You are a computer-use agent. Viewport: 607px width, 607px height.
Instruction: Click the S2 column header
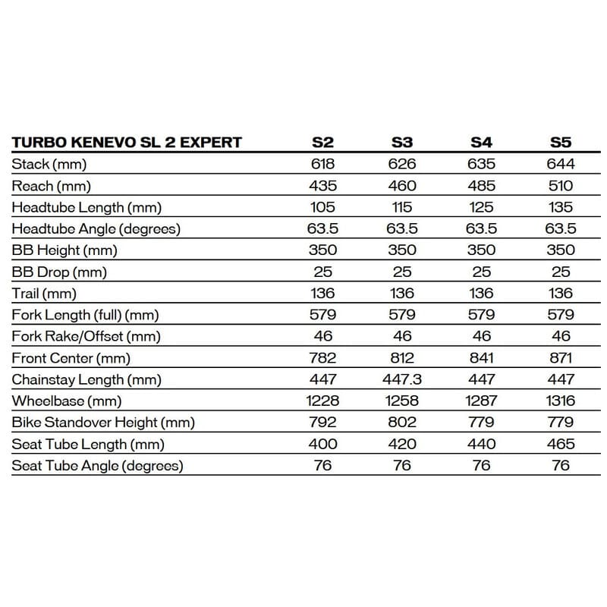point(322,142)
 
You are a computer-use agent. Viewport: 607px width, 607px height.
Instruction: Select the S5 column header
point(561,142)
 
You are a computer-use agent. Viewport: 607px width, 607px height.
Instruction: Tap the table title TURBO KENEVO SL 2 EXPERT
point(127,142)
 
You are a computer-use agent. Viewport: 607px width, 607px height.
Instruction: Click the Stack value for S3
point(402,164)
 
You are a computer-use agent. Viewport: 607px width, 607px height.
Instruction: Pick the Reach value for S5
point(561,185)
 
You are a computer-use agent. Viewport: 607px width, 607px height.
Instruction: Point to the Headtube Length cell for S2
point(322,207)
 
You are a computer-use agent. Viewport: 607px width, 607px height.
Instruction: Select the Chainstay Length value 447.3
point(402,379)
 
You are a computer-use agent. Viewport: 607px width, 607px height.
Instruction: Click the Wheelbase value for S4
point(482,401)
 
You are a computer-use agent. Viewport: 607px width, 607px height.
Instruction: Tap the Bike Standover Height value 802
point(402,423)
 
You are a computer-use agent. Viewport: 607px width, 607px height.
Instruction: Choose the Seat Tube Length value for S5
point(561,444)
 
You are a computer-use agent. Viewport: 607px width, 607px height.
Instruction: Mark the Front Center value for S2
point(322,358)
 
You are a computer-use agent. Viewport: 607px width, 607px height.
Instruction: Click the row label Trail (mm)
point(44,294)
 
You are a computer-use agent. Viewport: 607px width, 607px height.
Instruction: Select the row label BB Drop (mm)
point(59,272)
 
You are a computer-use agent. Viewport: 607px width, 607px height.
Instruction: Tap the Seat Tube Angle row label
point(97,466)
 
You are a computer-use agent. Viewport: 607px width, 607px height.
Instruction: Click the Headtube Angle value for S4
point(482,228)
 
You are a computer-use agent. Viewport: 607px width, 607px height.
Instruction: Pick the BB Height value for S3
point(402,250)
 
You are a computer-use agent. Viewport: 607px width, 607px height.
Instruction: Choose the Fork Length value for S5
point(561,315)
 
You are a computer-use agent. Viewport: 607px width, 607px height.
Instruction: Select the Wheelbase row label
point(67,401)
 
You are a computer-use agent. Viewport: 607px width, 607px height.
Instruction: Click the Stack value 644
point(561,164)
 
